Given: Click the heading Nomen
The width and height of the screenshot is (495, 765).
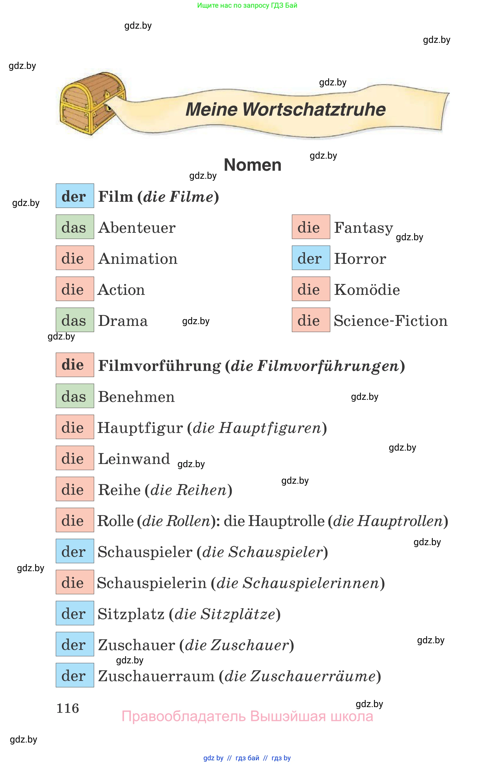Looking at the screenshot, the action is pyautogui.click(x=252, y=165).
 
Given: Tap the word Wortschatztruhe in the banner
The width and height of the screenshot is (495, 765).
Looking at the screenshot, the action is pyautogui.click(x=314, y=110).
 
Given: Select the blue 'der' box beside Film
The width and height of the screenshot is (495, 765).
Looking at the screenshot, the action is pyautogui.click(x=74, y=196).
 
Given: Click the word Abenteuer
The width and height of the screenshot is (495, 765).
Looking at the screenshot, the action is pyautogui.click(x=137, y=228).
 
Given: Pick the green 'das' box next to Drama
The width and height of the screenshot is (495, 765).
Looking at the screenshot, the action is pyautogui.click(x=74, y=320).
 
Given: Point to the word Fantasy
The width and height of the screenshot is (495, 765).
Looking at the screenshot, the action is pyautogui.click(x=363, y=228).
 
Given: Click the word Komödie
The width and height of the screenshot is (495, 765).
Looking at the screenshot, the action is pyautogui.click(x=367, y=290).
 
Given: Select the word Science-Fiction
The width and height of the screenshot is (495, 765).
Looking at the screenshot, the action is pyautogui.click(x=390, y=321).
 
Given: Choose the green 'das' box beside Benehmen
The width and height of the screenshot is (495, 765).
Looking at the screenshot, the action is pyautogui.click(x=74, y=396).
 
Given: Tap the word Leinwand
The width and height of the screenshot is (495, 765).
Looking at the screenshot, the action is pyautogui.click(x=133, y=458).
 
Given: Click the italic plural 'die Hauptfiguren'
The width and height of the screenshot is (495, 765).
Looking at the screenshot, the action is pyautogui.click(x=257, y=428).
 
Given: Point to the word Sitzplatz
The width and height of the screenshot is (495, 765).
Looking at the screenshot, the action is pyautogui.click(x=131, y=614).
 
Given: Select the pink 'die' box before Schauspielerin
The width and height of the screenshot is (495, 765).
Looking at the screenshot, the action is pyautogui.click(x=74, y=582).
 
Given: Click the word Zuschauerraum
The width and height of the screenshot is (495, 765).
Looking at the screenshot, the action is pyautogui.click(x=156, y=676).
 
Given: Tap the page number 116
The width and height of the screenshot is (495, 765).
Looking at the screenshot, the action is pyautogui.click(x=67, y=708).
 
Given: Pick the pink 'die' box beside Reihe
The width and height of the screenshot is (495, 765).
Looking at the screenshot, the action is pyautogui.click(x=74, y=489).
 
